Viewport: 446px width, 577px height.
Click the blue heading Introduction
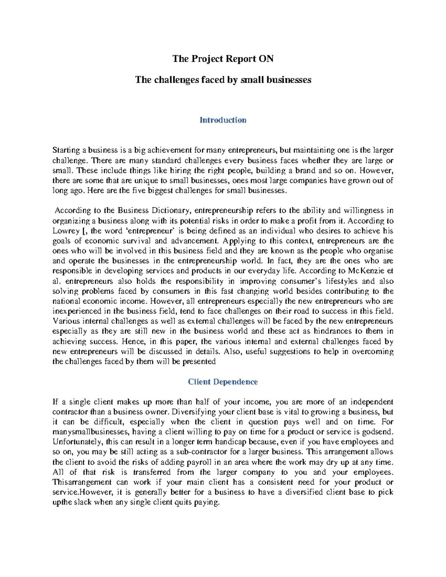[x=223, y=120]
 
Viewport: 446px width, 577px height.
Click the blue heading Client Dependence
[x=223, y=382]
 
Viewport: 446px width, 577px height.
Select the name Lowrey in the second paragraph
[x=66, y=231]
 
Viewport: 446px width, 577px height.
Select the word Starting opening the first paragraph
[x=66, y=150]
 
